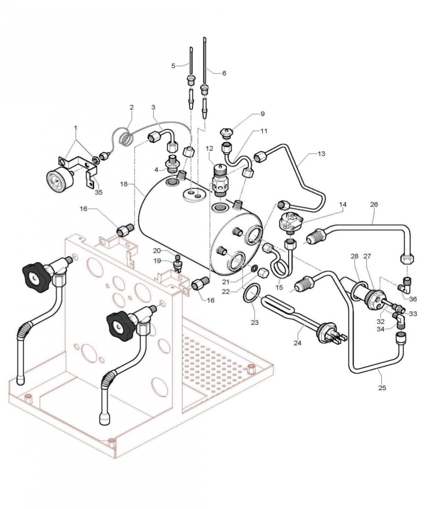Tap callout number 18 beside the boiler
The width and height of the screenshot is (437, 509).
(124, 184)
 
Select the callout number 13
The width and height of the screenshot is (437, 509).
(321, 154)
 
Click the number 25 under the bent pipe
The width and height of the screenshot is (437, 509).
(382, 388)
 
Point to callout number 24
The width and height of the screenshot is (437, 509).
(297, 343)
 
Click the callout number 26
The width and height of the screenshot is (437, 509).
(374, 205)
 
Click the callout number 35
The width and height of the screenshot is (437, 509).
(98, 192)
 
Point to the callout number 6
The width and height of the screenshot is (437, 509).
(224, 73)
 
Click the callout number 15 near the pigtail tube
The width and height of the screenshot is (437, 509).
(279, 288)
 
